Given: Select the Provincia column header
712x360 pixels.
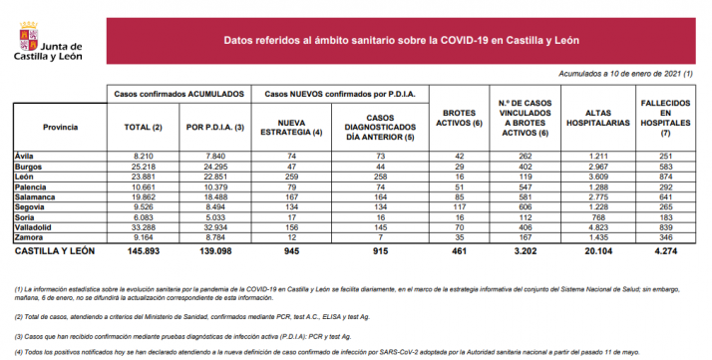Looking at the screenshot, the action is [61, 128].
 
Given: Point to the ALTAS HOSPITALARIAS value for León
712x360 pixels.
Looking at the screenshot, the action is [592, 176].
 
